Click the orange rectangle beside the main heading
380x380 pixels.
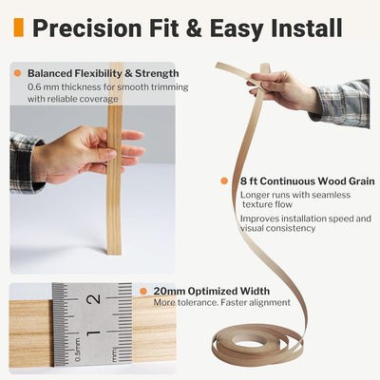[19, 28]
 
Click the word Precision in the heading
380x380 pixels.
[87, 28]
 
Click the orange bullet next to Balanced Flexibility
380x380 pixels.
[18, 73]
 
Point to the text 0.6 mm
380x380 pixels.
[43, 86]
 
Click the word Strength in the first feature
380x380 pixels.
[157, 73]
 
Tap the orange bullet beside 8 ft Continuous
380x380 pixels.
[224, 181]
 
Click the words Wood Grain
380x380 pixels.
[346, 181]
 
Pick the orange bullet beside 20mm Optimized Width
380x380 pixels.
[143, 291]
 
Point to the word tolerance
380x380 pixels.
[196, 302]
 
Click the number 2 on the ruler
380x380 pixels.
[94, 299]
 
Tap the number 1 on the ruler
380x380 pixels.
[94, 332]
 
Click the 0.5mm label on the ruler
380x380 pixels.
[78, 350]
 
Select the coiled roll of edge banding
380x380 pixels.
[257, 344]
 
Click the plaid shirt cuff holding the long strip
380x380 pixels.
[341, 102]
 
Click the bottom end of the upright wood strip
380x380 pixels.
[114, 253]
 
